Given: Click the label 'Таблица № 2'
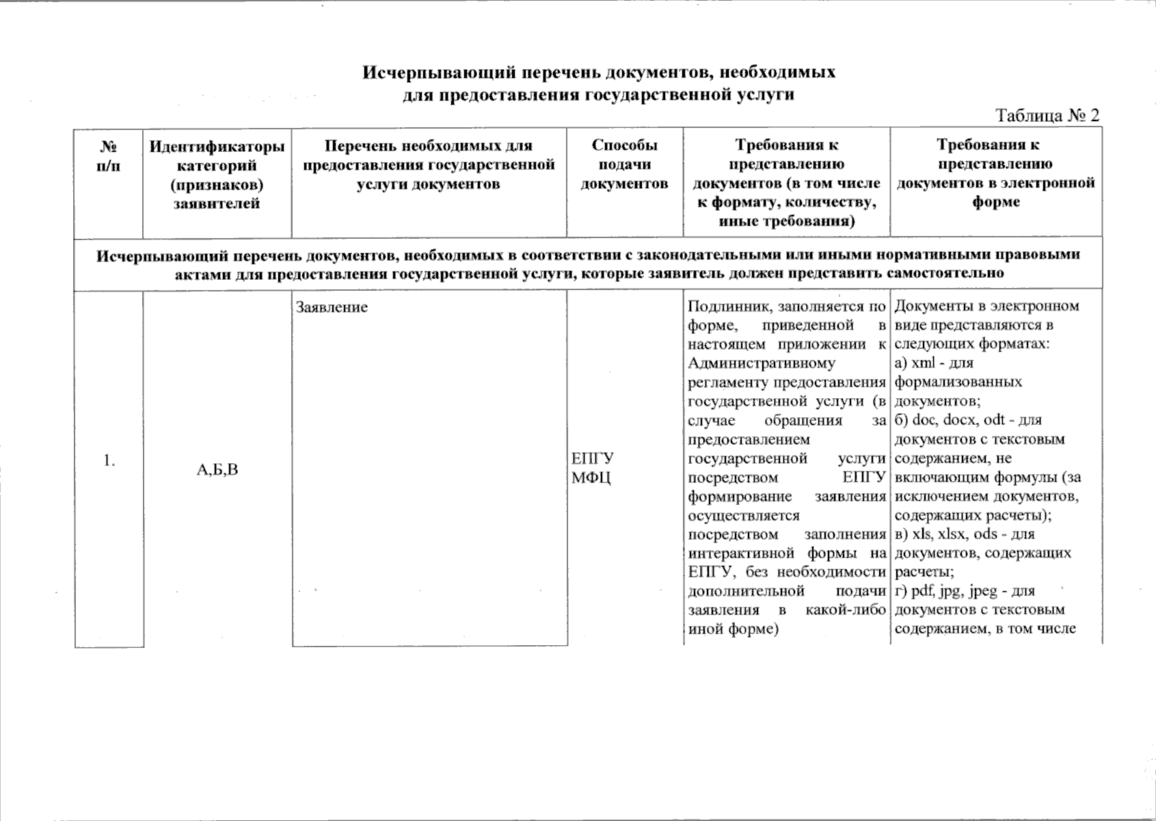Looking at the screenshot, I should click(x=1047, y=115).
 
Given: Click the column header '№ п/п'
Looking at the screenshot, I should click(x=109, y=155).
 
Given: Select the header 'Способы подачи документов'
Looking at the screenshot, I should click(x=624, y=164).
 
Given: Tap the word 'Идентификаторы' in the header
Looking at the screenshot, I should click(x=217, y=146).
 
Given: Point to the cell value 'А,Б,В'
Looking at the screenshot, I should click(x=217, y=469).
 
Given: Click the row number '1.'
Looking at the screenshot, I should click(x=109, y=460).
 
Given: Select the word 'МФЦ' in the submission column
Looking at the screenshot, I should click(x=591, y=478).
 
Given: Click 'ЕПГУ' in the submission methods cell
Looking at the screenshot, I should click(x=593, y=458).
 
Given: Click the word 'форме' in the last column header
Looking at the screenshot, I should click(x=995, y=202).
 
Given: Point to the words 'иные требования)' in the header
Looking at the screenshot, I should click(x=786, y=222).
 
